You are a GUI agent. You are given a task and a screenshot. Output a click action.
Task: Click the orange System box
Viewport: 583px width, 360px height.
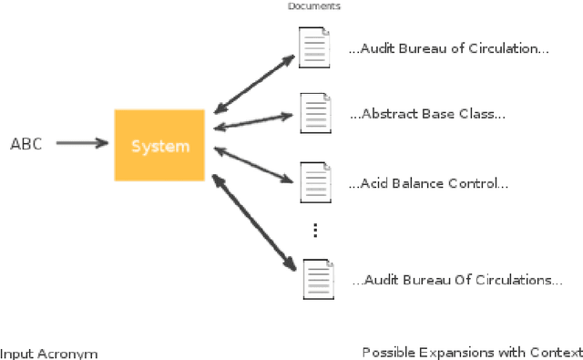coord(159,146)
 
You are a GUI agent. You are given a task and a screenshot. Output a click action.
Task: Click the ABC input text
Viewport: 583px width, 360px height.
coord(26,144)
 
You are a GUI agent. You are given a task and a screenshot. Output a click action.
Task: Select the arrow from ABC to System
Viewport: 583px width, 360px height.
coord(82,143)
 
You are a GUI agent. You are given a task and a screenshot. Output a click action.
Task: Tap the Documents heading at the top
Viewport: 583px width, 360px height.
coord(314,6)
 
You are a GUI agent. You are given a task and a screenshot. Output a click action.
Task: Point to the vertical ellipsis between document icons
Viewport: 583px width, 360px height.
coord(315,231)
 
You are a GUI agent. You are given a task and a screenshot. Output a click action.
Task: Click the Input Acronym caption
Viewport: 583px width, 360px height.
coord(49,353)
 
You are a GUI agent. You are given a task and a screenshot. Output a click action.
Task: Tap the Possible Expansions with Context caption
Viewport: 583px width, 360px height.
coord(471,353)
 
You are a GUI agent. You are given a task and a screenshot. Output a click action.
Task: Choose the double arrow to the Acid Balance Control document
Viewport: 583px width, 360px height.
coord(254,162)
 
